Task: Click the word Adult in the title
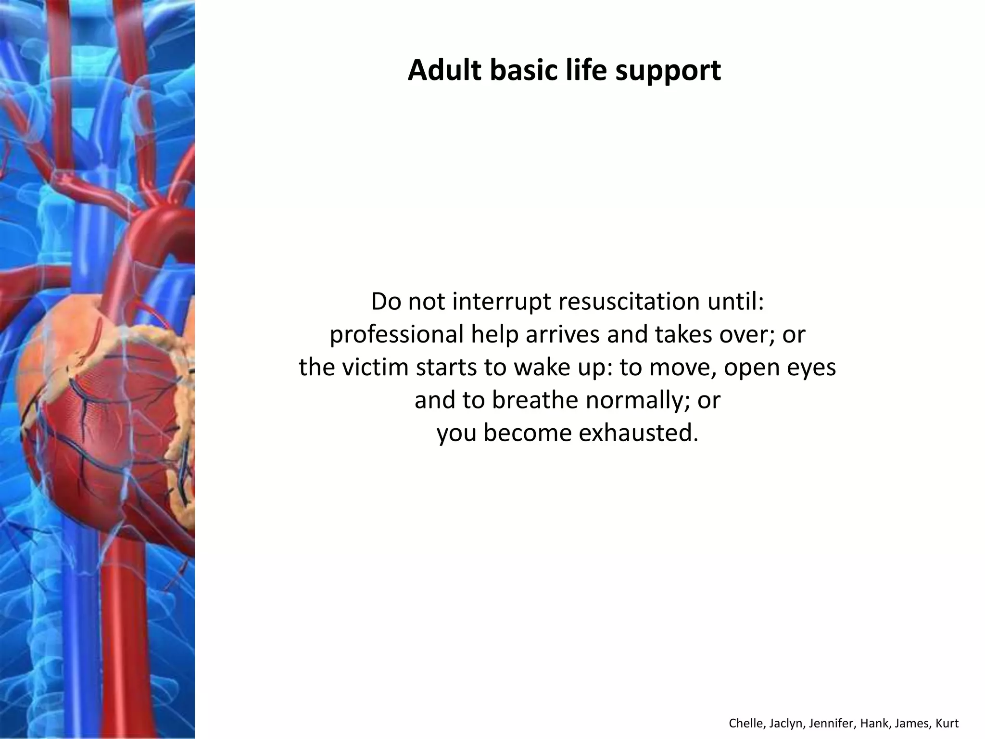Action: point(444,70)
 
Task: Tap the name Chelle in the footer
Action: point(747,724)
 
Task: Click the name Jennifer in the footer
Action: point(831,724)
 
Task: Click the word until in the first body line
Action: point(738,302)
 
